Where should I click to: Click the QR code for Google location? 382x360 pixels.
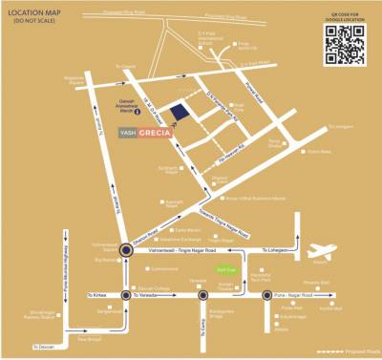343,44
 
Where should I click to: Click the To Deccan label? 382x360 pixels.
44,346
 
